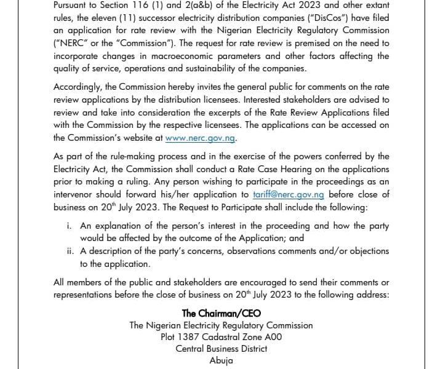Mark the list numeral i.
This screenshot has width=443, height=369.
pyautogui.click(x=69, y=226)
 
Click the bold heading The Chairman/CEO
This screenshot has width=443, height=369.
pyautogui.click(x=221, y=313)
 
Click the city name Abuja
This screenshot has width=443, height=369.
pyautogui.click(x=221, y=360)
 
